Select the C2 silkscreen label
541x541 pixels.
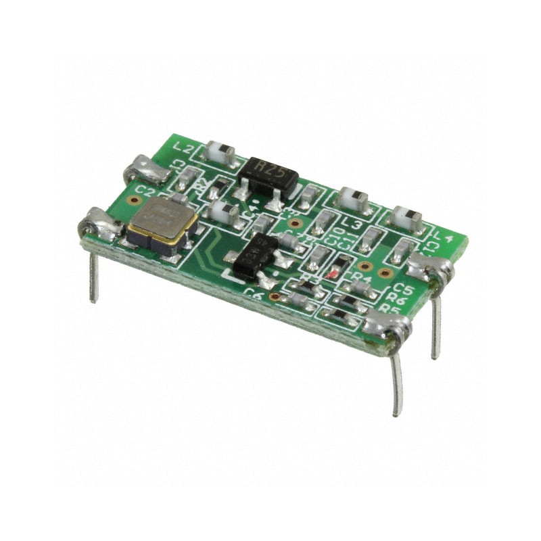click(143, 191)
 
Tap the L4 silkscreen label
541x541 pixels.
click(442, 237)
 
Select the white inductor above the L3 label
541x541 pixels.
click(352, 199)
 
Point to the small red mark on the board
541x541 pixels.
click(331, 275)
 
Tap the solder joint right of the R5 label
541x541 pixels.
click(388, 328)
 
